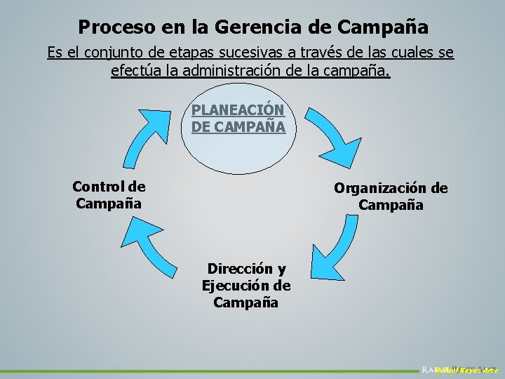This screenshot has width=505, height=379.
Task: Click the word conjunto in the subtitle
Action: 117,53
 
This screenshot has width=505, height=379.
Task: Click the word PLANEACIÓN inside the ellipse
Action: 238,110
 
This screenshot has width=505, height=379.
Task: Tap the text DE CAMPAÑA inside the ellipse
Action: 238,127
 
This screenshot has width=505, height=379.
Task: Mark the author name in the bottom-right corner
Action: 466,369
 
